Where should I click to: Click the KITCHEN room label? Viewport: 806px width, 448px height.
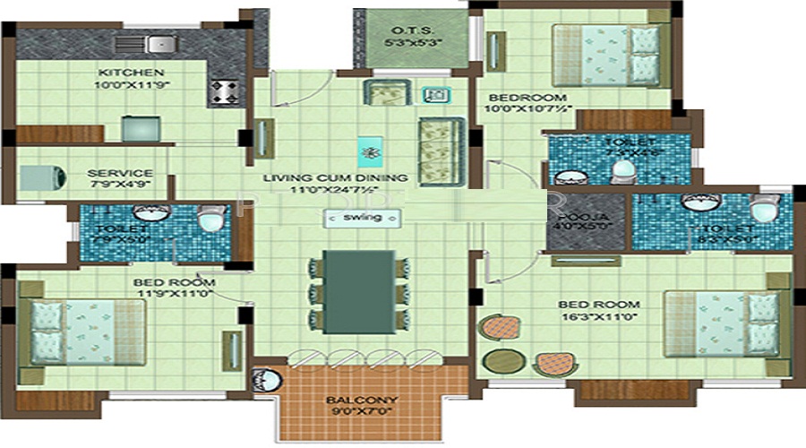tap(131, 72)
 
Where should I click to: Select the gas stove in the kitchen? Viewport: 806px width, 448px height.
tap(222, 90)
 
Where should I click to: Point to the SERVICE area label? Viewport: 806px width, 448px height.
tap(120, 173)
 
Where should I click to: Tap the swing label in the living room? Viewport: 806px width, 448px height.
tap(362, 218)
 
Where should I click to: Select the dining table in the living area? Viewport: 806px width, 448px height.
tap(358, 293)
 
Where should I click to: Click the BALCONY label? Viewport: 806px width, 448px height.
tap(362, 400)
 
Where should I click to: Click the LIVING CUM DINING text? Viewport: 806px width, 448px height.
tap(336, 177)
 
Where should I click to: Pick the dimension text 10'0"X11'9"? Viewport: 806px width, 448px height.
tap(131, 85)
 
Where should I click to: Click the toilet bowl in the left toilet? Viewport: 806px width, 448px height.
tap(210, 220)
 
